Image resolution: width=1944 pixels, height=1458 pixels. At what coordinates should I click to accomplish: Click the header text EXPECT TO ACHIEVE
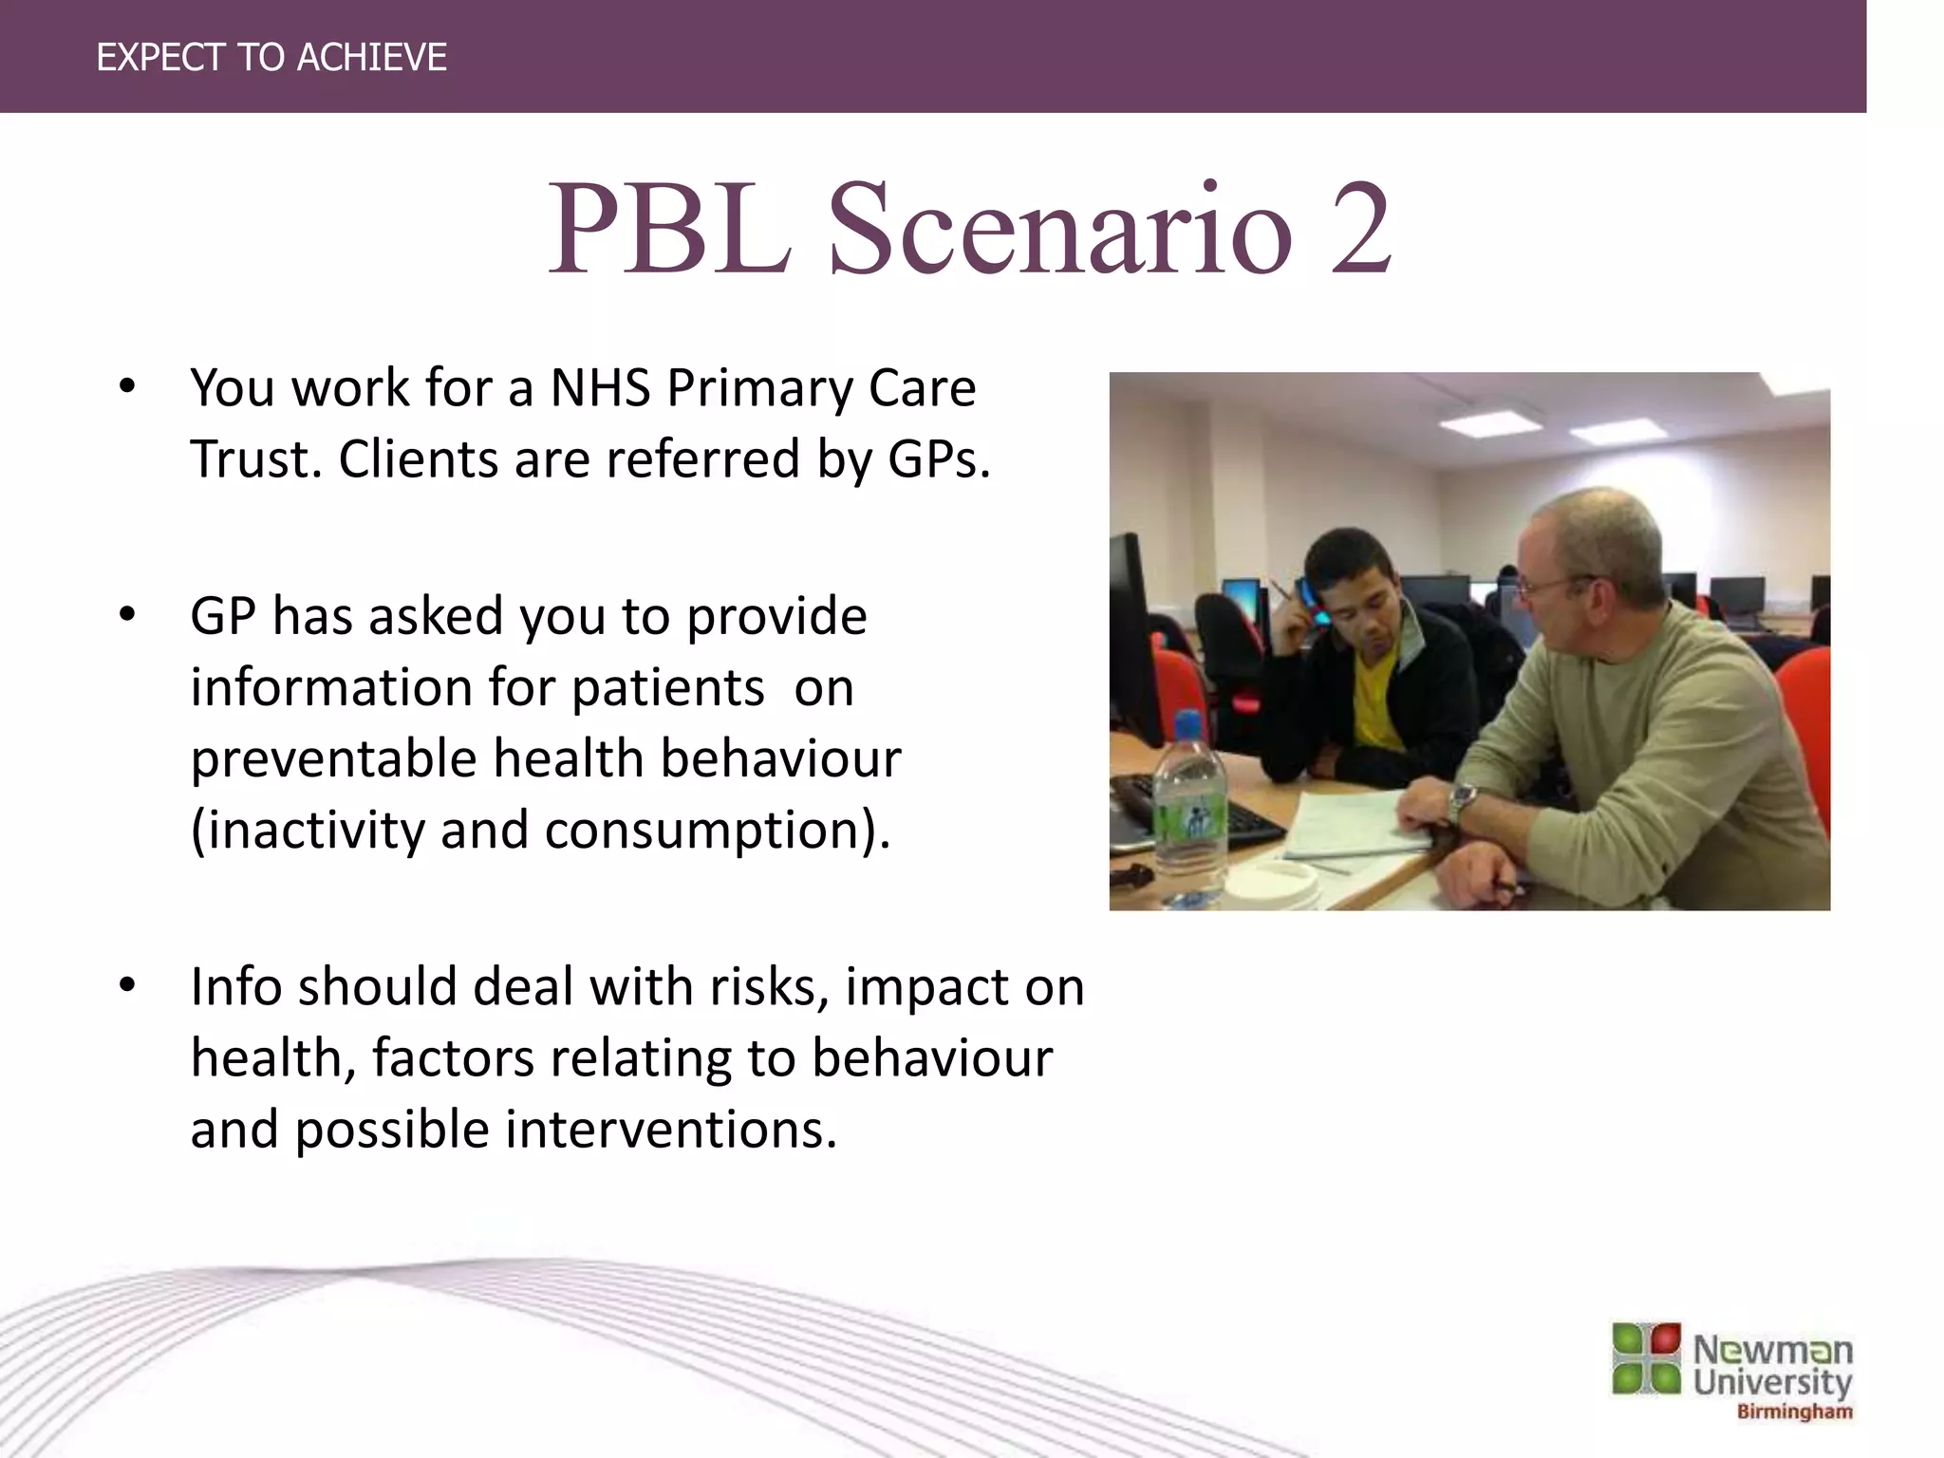[x=271, y=58]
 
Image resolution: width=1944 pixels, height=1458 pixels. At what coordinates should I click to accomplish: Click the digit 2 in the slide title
[x=1359, y=230]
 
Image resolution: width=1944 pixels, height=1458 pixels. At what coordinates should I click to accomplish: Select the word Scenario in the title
[x=1059, y=230]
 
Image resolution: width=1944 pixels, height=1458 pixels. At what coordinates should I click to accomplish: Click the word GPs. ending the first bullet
[x=939, y=460]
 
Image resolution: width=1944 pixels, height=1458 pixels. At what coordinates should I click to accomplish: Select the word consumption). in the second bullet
[x=718, y=831]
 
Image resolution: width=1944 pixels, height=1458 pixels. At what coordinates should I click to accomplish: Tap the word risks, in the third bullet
[x=769, y=987]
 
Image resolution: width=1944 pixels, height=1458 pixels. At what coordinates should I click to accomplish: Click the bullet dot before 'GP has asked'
[x=127, y=616]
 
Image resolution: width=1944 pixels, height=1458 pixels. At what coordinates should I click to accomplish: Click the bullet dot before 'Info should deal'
[x=127, y=986]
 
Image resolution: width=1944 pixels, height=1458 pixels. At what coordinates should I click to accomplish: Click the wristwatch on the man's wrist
[x=1463, y=803]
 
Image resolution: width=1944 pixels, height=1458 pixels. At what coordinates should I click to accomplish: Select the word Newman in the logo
[x=1772, y=1350]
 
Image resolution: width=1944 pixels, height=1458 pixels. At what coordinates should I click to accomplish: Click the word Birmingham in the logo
[x=1794, y=1411]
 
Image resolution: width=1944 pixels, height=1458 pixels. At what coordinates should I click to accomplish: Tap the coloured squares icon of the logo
[x=1646, y=1358]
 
